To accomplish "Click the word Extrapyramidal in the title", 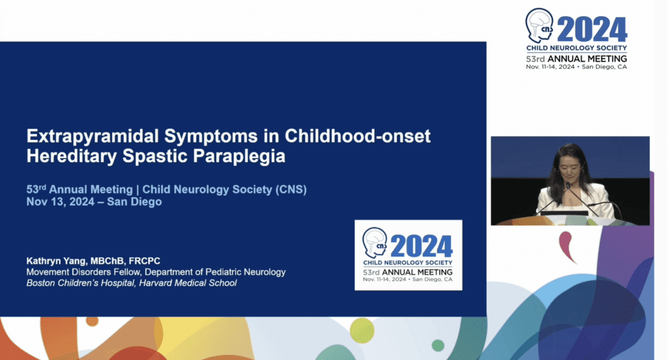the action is [x=92, y=137].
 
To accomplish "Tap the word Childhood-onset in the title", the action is [x=358, y=136].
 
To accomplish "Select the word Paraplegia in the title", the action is [x=239, y=156].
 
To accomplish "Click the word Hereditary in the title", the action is [x=72, y=156].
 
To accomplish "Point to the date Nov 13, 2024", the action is [x=61, y=201].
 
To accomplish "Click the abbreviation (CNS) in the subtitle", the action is [x=291, y=189].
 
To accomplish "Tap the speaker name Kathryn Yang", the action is [x=56, y=261].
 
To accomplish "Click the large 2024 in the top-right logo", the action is [x=591, y=30].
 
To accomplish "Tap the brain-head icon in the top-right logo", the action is [x=539, y=25].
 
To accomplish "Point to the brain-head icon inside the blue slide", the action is [x=375, y=243].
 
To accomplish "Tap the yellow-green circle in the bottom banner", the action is [x=362, y=330].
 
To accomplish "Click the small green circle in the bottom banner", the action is [x=438, y=346].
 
